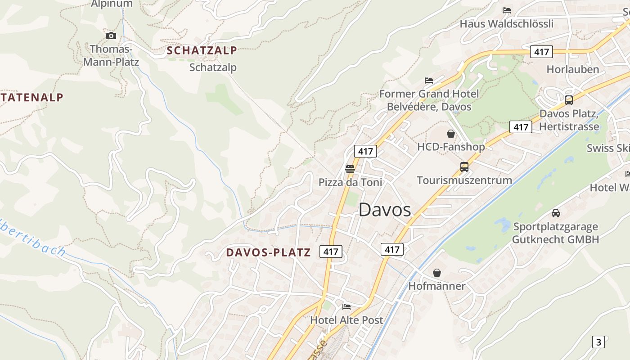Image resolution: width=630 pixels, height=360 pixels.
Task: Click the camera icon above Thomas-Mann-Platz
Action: (x=111, y=36)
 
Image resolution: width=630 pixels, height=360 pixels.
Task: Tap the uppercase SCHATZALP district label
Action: (x=202, y=51)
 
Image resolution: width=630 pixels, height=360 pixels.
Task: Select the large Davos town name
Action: (x=385, y=210)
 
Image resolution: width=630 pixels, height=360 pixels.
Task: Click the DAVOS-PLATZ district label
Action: (x=268, y=252)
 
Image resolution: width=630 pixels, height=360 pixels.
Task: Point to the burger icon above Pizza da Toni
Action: (x=350, y=169)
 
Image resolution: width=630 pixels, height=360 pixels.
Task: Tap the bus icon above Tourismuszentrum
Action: (x=464, y=167)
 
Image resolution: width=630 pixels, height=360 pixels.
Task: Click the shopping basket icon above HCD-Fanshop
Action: (x=451, y=134)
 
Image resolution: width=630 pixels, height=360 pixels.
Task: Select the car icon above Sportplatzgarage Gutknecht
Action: (x=556, y=213)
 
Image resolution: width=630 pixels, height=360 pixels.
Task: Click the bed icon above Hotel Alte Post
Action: (x=346, y=307)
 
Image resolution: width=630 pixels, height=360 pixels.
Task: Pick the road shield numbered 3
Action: (x=598, y=342)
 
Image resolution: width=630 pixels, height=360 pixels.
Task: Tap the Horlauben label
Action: (x=573, y=69)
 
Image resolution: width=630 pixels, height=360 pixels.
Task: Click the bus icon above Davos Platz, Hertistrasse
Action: (x=569, y=100)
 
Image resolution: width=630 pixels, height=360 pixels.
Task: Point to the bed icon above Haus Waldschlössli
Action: (x=507, y=10)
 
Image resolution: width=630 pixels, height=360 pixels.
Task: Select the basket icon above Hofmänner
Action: (x=437, y=273)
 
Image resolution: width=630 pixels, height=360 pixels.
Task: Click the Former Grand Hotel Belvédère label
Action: (x=429, y=100)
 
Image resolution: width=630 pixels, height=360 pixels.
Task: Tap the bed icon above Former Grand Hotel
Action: (x=429, y=81)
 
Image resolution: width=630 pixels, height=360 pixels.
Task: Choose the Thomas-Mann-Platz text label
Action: (x=111, y=55)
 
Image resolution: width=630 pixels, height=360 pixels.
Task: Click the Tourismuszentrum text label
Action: (x=464, y=180)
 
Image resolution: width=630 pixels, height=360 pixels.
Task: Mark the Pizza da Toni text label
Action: (x=350, y=182)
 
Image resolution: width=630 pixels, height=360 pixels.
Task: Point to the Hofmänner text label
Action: (x=437, y=286)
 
